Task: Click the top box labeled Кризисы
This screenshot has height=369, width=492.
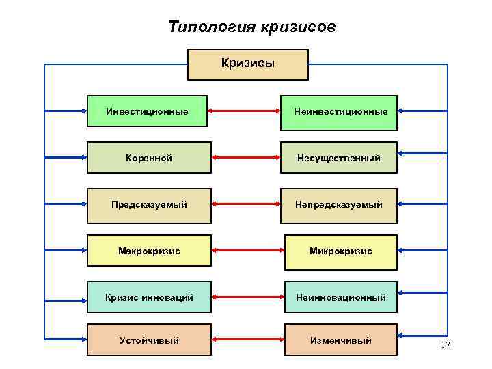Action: [248, 64]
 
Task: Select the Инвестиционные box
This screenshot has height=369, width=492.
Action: [149, 111]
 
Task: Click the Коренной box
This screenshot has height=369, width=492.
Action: [149, 158]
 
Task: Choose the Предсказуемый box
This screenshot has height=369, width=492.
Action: [149, 205]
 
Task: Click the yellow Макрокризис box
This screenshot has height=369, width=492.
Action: [149, 251]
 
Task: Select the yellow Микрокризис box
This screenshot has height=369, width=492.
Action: [340, 251]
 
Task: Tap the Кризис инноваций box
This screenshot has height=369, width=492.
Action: [149, 297]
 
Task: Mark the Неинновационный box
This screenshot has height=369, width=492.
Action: [340, 297]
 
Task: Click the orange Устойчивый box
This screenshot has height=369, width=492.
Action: [149, 340]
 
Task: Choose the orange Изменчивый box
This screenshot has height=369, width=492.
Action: [340, 340]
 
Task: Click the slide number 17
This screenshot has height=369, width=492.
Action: [446, 345]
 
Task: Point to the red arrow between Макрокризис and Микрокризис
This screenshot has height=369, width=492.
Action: [248, 251]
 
